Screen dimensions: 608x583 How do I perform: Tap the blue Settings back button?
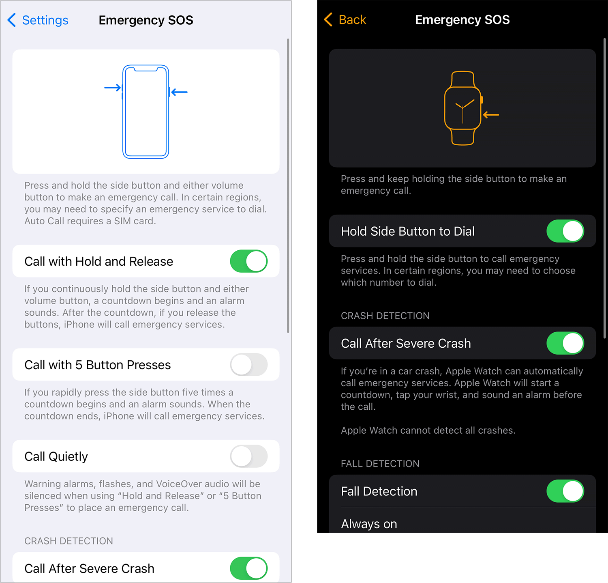[x=38, y=20]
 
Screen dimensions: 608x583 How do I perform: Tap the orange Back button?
[x=345, y=19]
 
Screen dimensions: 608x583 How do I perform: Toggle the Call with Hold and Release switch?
[x=249, y=261]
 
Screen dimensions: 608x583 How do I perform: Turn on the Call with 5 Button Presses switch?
[x=249, y=364]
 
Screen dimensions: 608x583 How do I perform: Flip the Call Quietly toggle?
[x=249, y=456]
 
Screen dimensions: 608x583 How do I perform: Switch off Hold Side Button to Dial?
[x=565, y=231]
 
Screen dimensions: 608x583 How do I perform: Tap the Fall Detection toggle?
[x=565, y=491]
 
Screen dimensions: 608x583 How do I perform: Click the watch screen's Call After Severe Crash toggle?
[x=565, y=343]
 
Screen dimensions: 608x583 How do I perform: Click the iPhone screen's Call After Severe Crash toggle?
[x=249, y=568]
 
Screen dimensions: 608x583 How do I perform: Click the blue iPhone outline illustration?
[x=123, y=112]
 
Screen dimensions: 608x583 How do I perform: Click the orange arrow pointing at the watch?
[x=491, y=115]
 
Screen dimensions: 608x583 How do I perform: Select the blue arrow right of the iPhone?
[x=179, y=92]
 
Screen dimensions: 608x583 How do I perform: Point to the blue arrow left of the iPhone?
[x=113, y=87]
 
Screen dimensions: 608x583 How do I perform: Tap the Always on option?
[x=369, y=524]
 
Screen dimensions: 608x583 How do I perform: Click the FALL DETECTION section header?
[x=380, y=463]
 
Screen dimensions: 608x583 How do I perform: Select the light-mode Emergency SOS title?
[x=146, y=20]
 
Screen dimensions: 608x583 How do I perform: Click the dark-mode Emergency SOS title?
[x=462, y=19]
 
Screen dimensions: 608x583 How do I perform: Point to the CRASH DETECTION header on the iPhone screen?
[x=69, y=541]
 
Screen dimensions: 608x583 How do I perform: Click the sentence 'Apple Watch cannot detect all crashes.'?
[x=428, y=430]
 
